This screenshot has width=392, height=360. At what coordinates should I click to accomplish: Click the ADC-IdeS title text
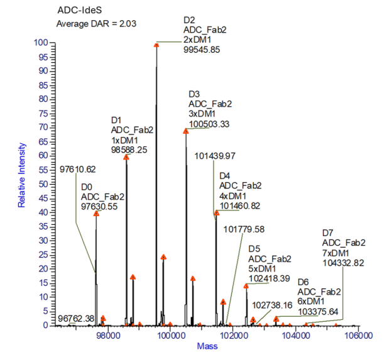(77, 10)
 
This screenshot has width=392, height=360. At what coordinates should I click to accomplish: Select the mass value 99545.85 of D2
(201, 50)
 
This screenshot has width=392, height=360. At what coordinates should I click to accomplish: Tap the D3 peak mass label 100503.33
(209, 124)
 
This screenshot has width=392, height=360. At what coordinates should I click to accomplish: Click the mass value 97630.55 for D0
(103, 207)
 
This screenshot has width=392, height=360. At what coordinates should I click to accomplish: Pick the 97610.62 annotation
(78, 169)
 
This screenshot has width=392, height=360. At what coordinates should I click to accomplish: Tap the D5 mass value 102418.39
(269, 278)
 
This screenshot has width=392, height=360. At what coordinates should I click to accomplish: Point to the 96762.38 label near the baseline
(75, 319)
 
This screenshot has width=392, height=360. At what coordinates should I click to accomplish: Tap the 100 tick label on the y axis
(41, 43)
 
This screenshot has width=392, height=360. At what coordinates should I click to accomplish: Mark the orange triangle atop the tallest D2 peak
(156, 44)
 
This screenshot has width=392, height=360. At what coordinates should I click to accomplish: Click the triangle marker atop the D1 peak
(126, 157)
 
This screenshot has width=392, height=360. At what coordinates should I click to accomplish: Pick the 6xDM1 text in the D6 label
(312, 302)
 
